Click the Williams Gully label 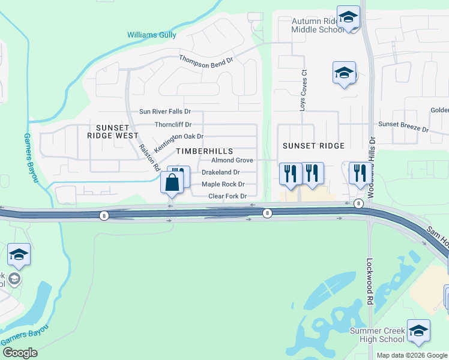(x=151, y=35)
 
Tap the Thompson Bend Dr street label (x=205, y=60)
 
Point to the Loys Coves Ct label (x=304, y=89)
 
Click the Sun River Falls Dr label (x=164, y=112)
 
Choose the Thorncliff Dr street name (x=173, y=125)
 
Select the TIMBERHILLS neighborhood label (x=203, y=151)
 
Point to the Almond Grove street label (x=232, y=160)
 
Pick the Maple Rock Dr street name (x=223, y=184)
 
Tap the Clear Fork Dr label (x=228, y=196)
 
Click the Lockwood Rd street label (x=370, y=272)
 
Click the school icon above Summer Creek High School (x=418, y=331)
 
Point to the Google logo (x=20, y=353)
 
